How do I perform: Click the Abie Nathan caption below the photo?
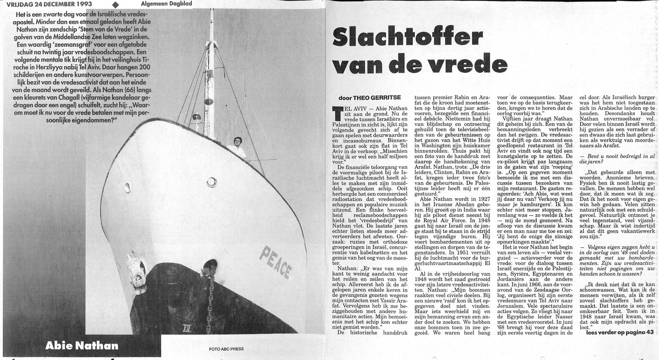pyautogui.click(x=82, y=345)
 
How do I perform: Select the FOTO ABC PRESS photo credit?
pyautogui.click(x=226, y=349)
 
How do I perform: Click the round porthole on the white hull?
pyautogui.click(x=211, y=182)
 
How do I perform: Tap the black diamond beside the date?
pyautogui.click(x=115, y=5)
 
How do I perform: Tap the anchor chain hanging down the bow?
pyautogui.click(x=211, y=297)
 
